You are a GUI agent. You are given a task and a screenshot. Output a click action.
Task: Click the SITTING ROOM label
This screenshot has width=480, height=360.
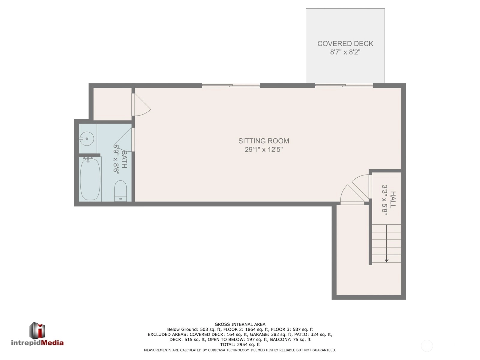(263, 141)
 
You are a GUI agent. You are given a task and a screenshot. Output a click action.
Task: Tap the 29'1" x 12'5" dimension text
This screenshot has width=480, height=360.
(263, 149)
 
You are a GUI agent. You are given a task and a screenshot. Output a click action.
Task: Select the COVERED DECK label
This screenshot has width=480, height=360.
(345, 44)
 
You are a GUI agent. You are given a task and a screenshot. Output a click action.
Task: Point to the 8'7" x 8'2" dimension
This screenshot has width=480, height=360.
(345, 52)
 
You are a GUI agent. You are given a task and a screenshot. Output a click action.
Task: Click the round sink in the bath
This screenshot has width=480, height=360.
(87, 139)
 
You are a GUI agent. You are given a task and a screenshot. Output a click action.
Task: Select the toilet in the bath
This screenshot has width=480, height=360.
(121, 190)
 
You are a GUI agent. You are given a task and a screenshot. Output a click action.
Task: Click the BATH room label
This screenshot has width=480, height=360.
(124, 159)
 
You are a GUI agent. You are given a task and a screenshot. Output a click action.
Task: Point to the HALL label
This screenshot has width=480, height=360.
(393, 200)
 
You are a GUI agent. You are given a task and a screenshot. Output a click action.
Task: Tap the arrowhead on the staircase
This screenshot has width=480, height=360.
(386, 260)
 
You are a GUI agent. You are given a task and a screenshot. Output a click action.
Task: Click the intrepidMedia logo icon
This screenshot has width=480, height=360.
(37, 330)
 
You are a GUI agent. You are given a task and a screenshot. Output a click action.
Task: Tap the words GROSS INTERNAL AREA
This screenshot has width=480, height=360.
(240, 324)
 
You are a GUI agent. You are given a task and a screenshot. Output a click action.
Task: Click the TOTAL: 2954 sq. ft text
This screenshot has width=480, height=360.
(240, 344)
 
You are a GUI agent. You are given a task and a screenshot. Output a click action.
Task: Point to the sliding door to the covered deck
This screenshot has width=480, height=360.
(344, 85)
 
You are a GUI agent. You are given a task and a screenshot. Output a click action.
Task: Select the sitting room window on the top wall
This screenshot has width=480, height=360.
(231, 85)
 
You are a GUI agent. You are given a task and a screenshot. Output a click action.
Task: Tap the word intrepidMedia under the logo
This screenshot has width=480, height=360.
(37, 343)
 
